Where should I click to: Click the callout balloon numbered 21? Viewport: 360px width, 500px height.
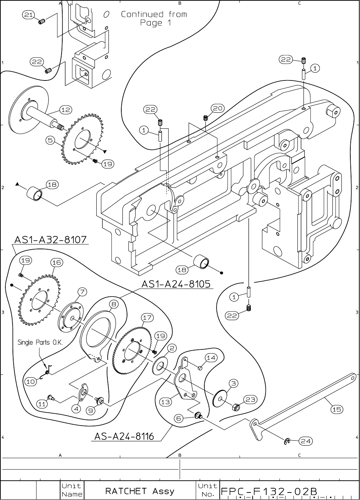click(x=28, y=15)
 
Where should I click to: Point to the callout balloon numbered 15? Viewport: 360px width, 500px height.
click(x=337, y=410)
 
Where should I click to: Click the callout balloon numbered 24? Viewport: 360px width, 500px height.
click(x=306, y=441)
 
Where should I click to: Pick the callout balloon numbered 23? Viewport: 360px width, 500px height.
click(x=250, y=399)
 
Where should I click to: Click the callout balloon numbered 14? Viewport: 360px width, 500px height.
click(x=211, y=358)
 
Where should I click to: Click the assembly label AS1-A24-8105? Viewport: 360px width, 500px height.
click(x=176, y=284)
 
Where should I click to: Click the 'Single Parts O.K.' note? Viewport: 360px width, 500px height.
click(x=40, y=342)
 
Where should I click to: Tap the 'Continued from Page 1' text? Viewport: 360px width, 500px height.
click(x=154, y=18)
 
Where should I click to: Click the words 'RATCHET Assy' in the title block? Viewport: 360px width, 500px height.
click(x=140, y=491)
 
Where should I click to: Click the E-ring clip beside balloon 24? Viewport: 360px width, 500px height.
click(x=287, y=442)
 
